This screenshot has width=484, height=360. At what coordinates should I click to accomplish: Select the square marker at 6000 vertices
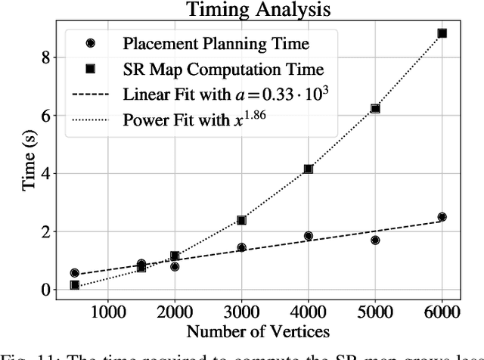tap(442, 33)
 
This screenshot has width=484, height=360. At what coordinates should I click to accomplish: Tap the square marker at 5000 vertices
tap(375, 109)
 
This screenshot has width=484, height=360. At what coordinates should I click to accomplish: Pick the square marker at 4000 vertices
tap(309, 169)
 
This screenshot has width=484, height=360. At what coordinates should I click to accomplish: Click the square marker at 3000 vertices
tap(241, 220)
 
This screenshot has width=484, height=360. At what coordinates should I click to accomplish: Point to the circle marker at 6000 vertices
tap(442, 217)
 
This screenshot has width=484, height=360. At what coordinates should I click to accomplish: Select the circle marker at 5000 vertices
tap(375, 240)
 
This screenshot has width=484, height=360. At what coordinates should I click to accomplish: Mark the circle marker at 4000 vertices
tap(309, 236)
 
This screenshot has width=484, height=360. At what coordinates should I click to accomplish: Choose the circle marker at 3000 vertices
tap(241, 247)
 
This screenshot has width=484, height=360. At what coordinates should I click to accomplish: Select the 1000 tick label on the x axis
tap(107, 310)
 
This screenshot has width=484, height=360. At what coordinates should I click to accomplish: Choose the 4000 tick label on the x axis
tap(309, 310)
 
